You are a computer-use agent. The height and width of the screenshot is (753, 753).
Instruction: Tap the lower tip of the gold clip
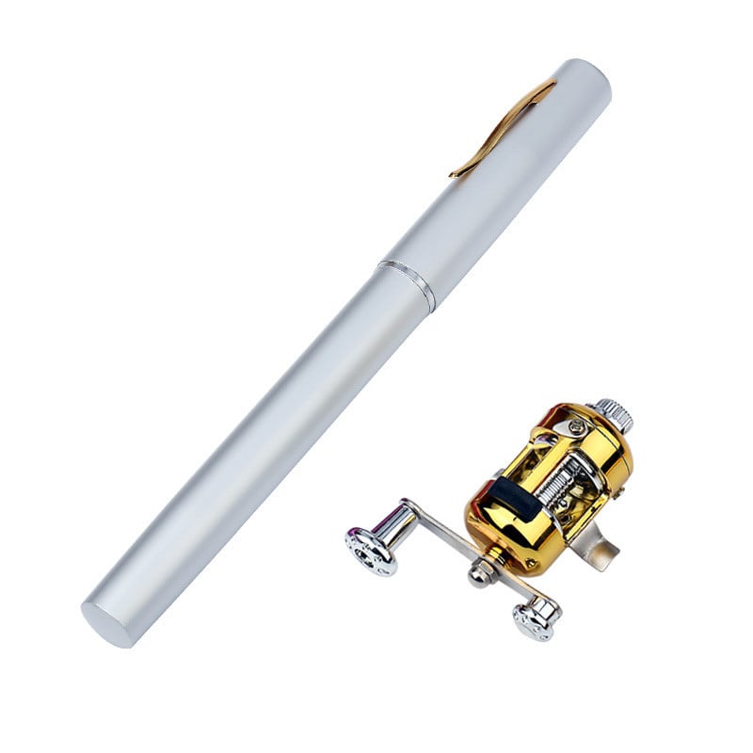(x=455, y=173)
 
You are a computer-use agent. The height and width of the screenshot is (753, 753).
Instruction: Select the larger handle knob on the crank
(x=370, y=551)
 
